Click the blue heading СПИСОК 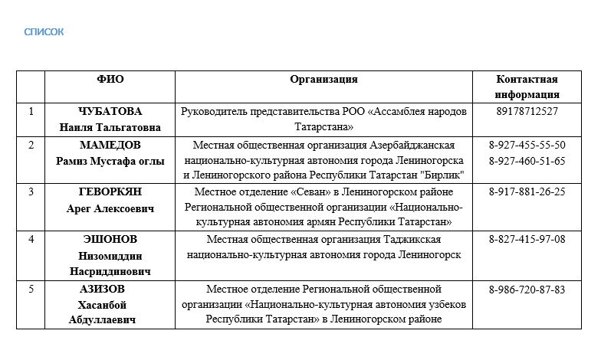coord(44,31)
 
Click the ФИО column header coord(110,79)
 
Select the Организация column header coord(323,79)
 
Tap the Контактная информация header coord(527,87)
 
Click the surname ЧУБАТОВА coord(110,111)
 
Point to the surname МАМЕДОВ coord(110,145)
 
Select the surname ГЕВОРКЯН coord(110,191)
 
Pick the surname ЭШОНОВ coord(110,239)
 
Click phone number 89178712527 coord(527,111)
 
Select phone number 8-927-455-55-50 coord(527,145)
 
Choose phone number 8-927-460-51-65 coord(527,161)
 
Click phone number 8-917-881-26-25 coord(527,191)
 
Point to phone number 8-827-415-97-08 coord(527,239)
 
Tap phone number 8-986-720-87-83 coord(527,290)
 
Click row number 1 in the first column coord(31,111)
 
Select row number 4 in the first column coord(31,239)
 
